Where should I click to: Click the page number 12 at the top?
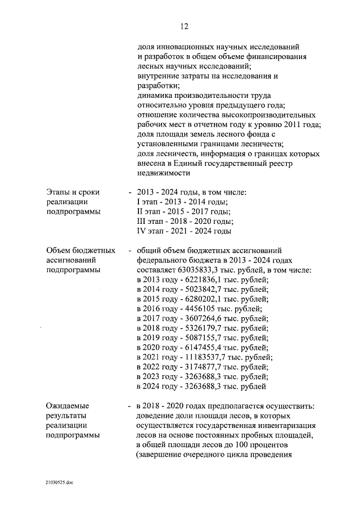pos(184,26)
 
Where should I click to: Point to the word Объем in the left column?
pos(60,250)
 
